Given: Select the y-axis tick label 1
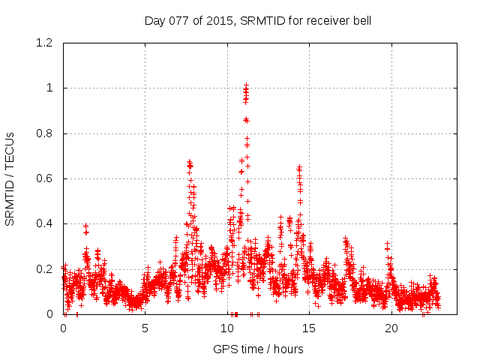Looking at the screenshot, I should (51, 88).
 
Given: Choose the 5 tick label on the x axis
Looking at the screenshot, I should (145, 328).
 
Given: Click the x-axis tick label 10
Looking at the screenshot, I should (227, 328).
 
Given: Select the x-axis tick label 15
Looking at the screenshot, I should (310, 328).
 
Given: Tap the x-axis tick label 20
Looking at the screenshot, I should (391, 328).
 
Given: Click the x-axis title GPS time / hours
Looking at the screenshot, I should (258, 349).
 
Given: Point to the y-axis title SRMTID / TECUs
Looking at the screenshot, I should (10, 178).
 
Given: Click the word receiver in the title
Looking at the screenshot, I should (325, 21).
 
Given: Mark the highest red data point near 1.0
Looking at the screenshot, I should (245, 86).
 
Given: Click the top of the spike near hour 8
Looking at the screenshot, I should (189, 161).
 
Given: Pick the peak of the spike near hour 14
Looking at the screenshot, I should (299, 167).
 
